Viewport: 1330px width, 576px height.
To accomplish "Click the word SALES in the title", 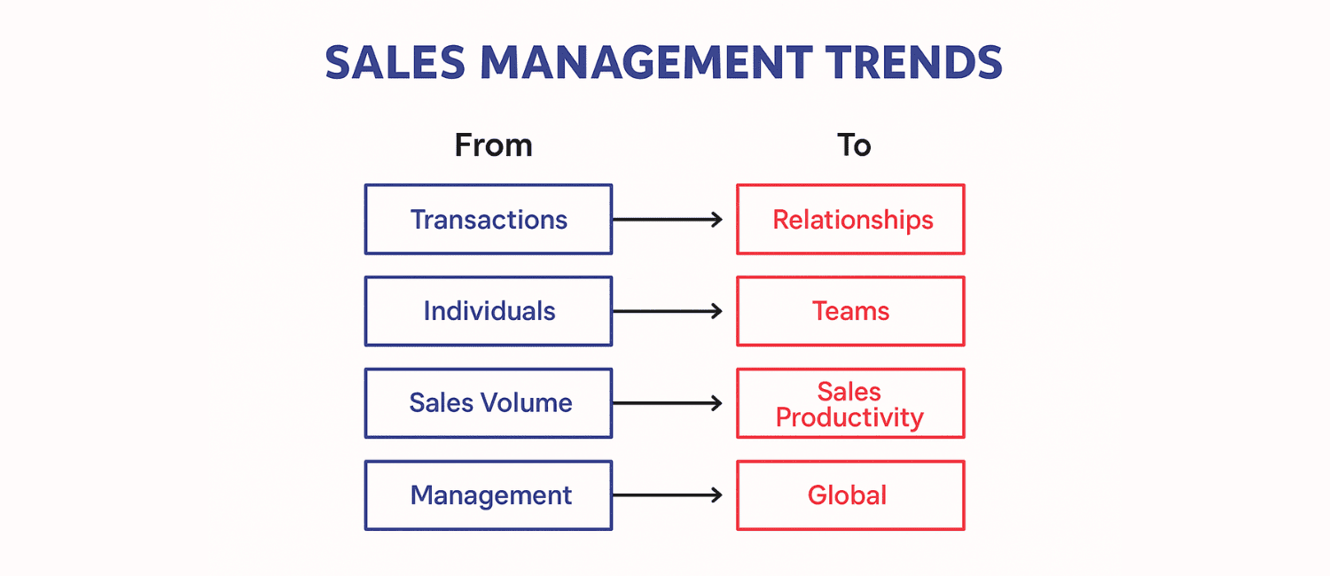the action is click(395, 63).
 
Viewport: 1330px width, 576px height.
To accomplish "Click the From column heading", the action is click(493, 145).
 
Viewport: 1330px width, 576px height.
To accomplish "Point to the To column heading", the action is click(854, 145).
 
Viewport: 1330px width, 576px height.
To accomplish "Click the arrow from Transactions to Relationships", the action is click(668, 220).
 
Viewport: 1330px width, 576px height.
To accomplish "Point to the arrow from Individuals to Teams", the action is click(668, 311).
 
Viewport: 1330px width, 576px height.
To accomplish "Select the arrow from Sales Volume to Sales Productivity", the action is click(668, 403).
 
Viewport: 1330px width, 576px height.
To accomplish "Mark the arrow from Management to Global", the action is click(668, 495).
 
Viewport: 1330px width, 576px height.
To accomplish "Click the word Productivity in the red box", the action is click(849, 418).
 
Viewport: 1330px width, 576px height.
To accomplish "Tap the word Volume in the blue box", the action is click(527, 403).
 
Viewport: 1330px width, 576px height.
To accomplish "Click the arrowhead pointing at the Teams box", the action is click(717, 311).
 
